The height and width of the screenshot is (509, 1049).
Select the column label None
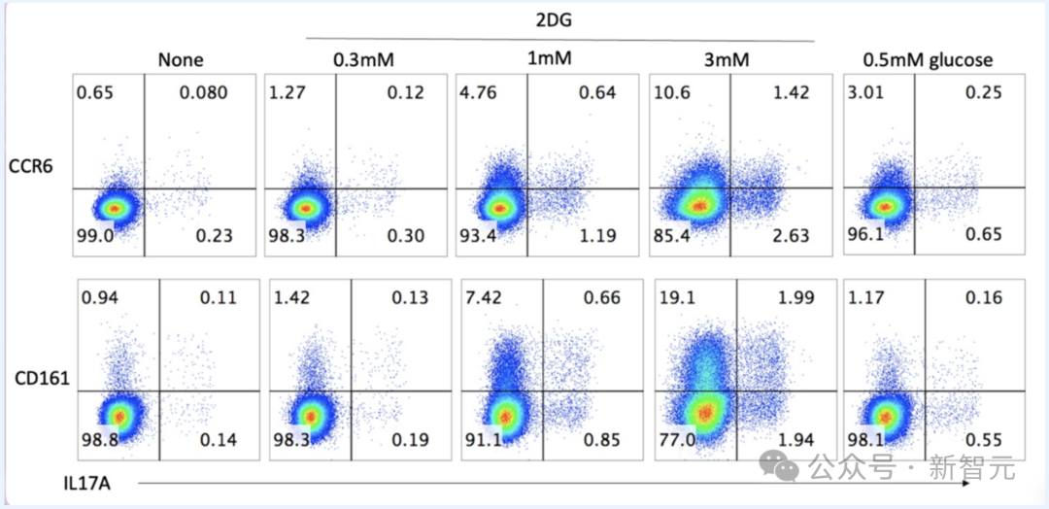(181, 59)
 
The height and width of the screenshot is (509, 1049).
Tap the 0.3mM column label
(359, 59)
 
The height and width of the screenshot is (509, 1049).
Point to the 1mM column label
(549, 59)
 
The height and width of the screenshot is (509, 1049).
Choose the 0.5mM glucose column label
(928, 59)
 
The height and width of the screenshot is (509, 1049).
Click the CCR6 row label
(31, 166)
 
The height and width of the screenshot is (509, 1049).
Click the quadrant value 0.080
(203, 93)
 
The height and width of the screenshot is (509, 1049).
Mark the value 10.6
(671, 93)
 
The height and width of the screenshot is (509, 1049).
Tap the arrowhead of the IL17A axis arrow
(966, 483)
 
